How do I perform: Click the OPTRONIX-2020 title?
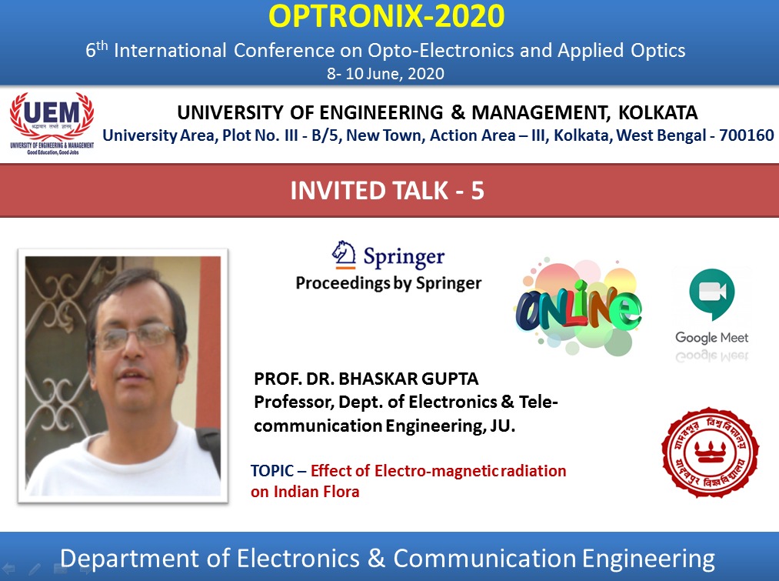point(389,16)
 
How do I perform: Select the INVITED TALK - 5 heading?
point(388,190)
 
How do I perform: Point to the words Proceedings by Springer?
point(388,283)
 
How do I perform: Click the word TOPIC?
point(269,471)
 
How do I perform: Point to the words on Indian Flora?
point(305,491)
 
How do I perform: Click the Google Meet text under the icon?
point(711,338)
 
